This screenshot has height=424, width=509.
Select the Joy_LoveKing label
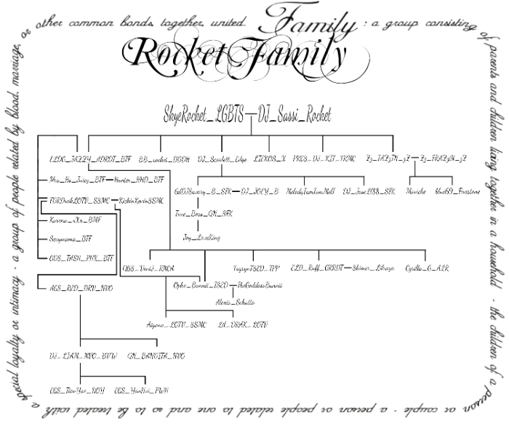(x=201, y=237)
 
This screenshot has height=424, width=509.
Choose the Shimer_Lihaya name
(x=373, y=268)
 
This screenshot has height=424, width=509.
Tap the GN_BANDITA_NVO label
(x=156, y=356)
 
